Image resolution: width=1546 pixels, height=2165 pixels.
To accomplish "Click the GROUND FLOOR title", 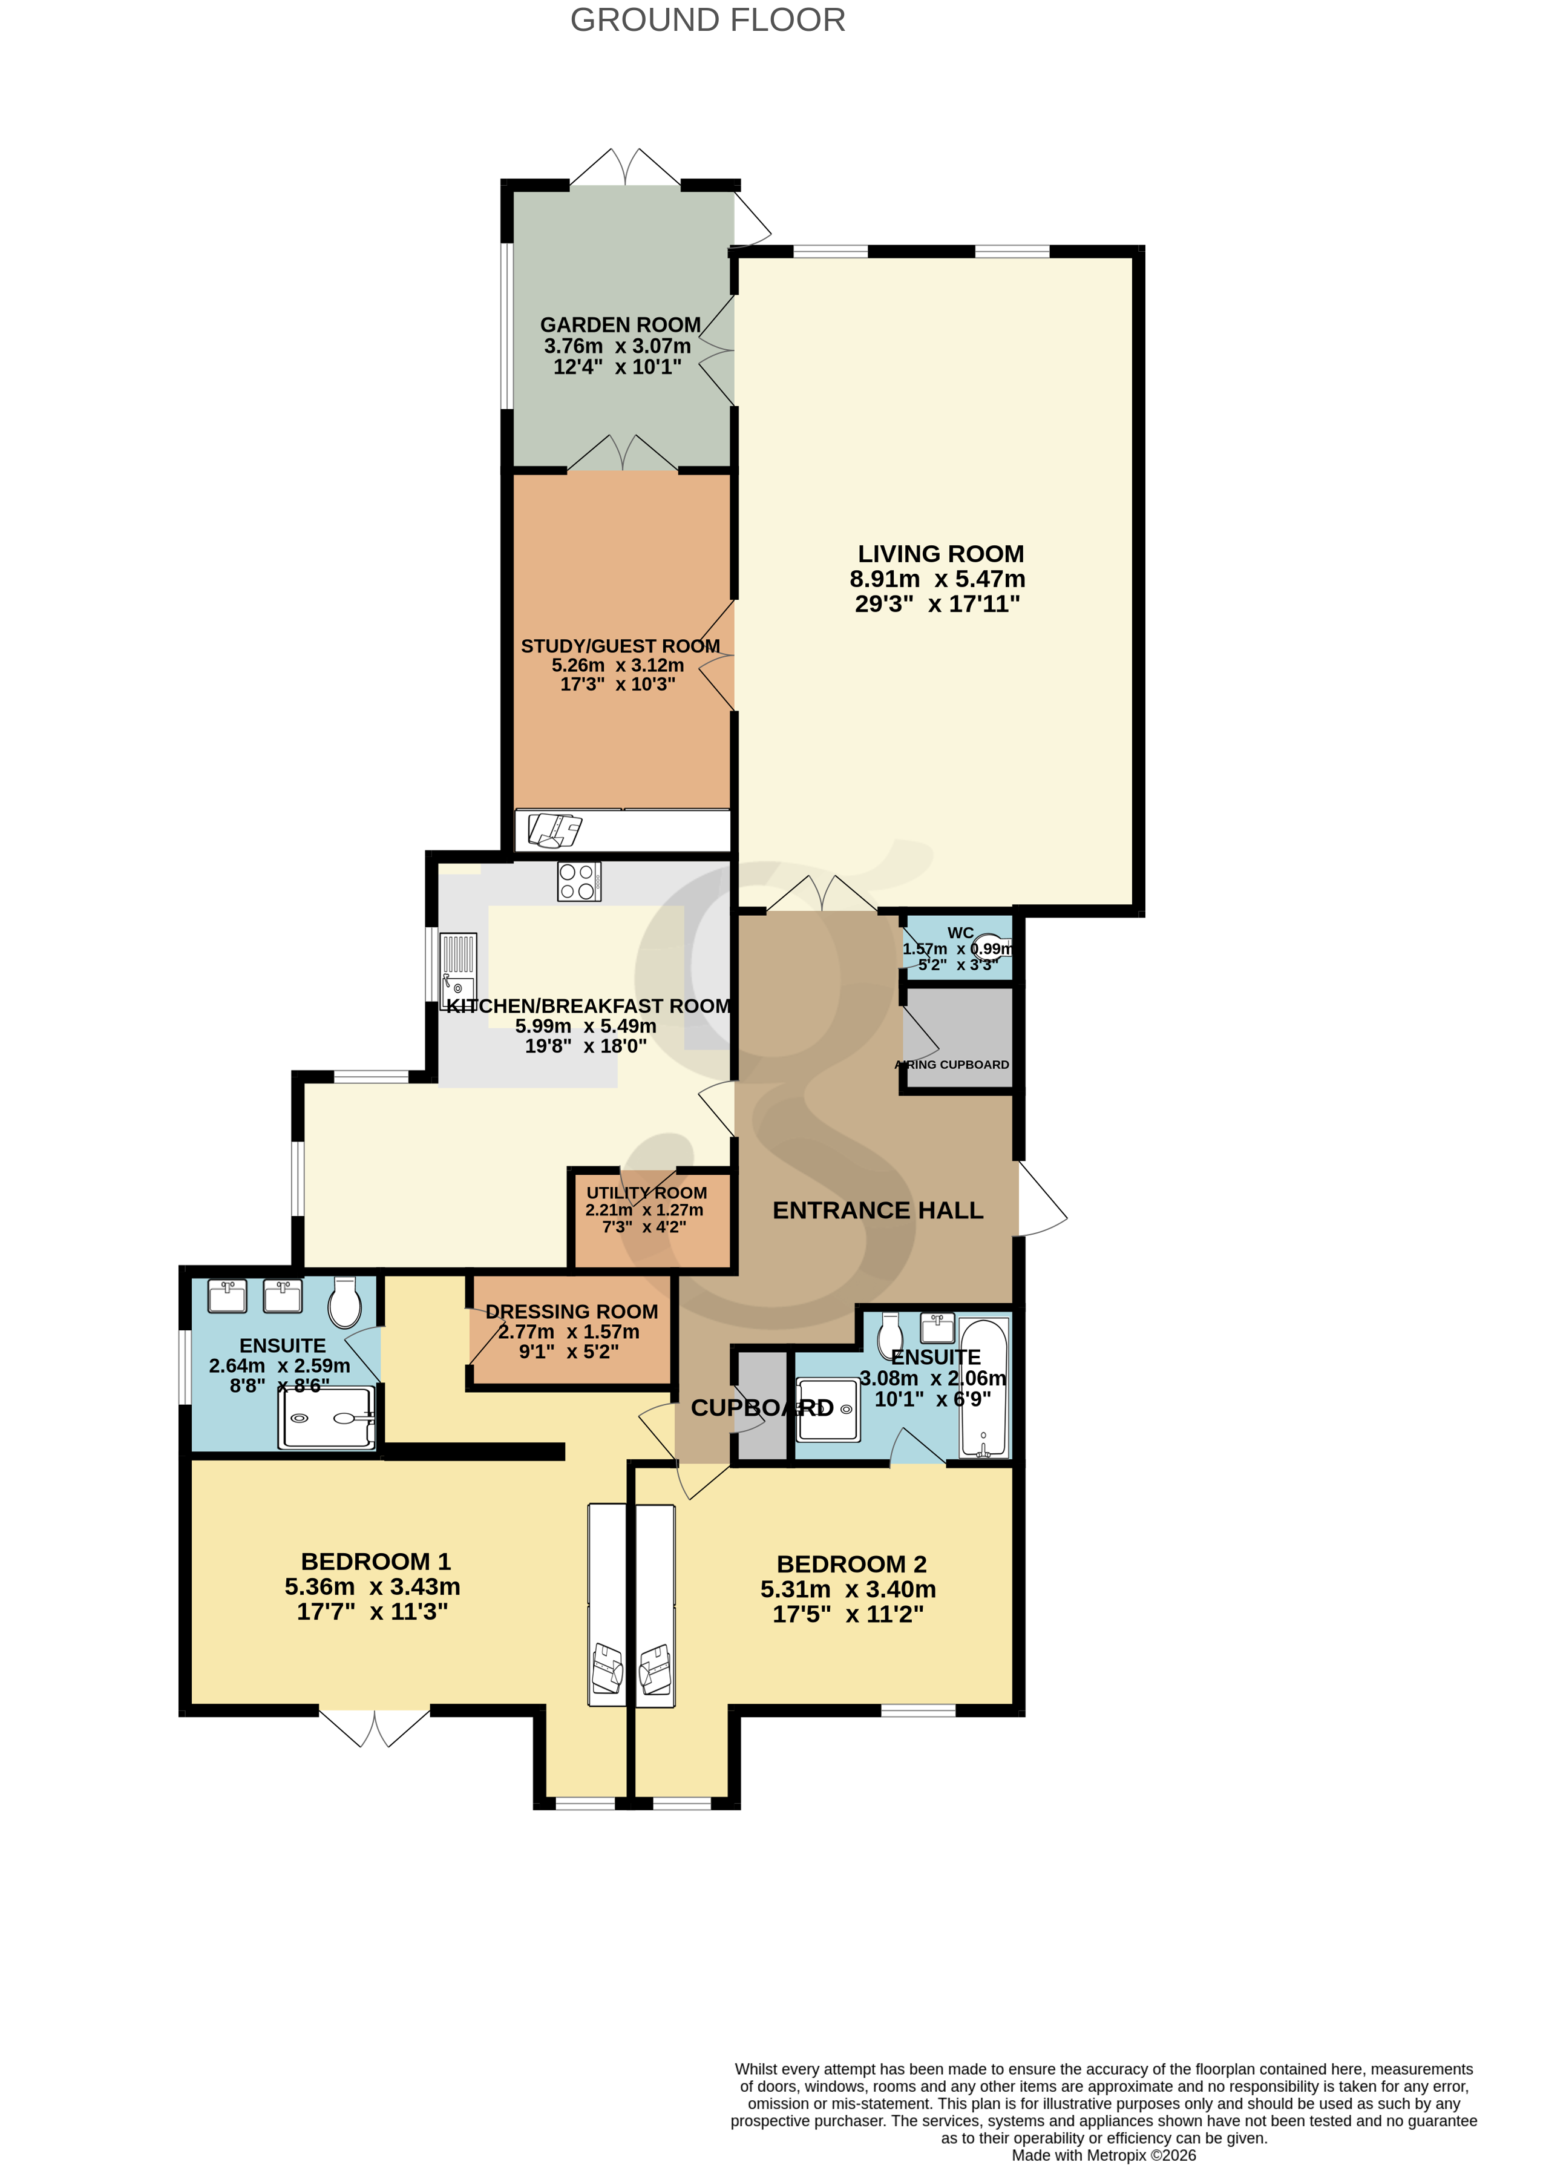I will [707, 20].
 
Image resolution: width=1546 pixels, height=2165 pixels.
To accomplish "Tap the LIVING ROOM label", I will [940, 554].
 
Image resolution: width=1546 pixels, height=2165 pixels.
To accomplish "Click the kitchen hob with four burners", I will [579, 881].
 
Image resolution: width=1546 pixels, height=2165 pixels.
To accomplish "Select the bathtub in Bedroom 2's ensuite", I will [983, 1388].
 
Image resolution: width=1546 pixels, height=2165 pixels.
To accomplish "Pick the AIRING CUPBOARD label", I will [953, 1065].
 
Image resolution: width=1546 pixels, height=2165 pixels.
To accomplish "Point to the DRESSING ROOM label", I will [571, 1312].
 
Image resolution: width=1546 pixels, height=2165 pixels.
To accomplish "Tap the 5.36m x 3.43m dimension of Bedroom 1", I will [372, 1587].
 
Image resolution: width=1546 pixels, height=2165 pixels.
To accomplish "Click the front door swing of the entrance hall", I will [1041, 1200].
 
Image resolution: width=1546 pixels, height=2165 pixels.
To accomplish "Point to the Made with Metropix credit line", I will [1103, 2155].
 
